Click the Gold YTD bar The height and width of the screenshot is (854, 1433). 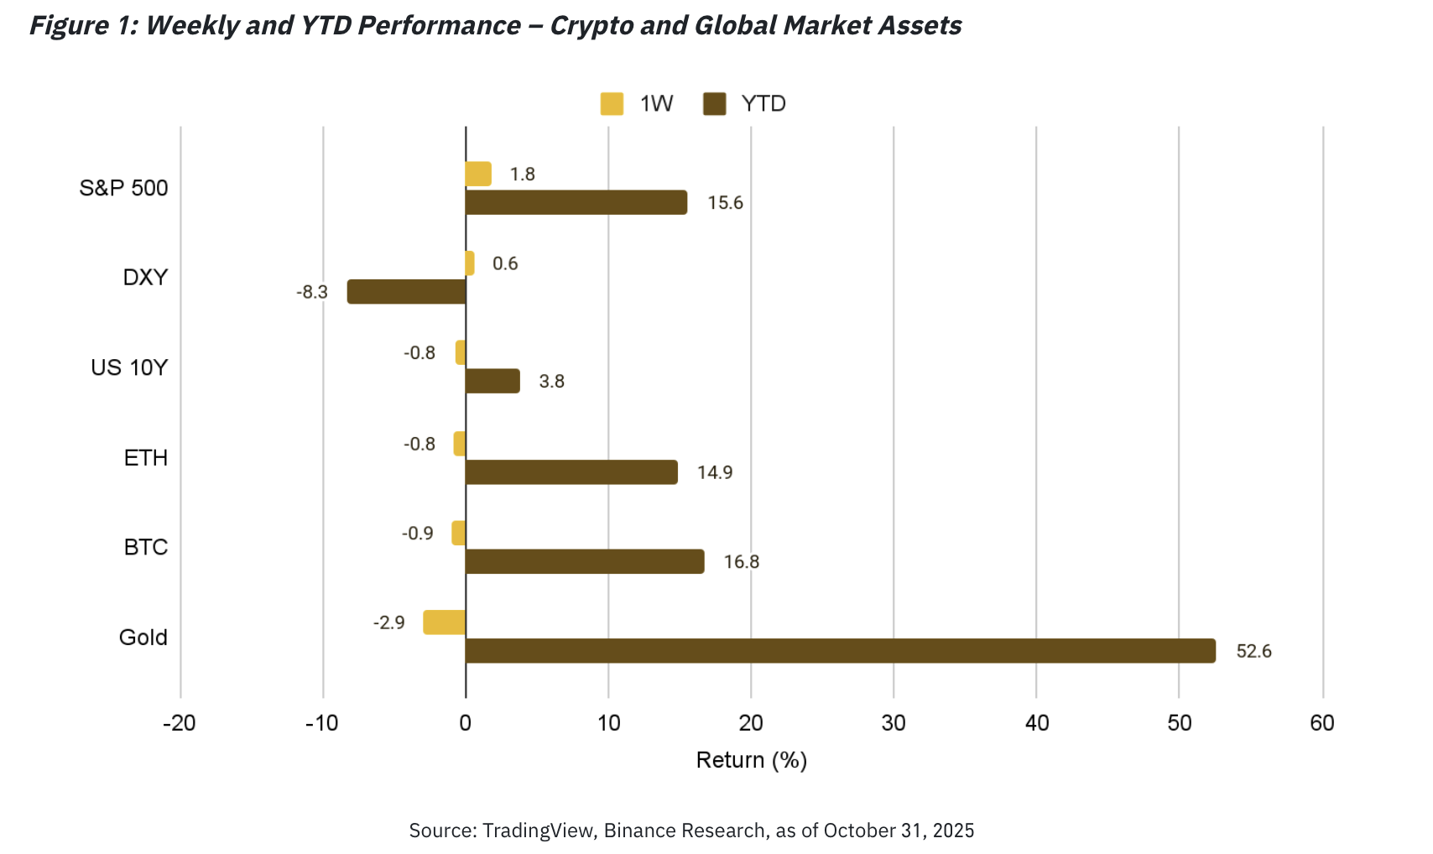[x=840, y=651]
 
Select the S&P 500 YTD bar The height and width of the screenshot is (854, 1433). [x=576, y=203]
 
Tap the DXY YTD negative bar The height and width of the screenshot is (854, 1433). [x=407, y=292]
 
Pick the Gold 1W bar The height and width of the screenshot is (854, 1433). [x=445, y=622]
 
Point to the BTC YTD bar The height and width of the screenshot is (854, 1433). [x=585, y=562]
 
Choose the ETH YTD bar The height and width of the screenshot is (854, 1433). [x=571, y=472]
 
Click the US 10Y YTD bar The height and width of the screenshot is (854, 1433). [x=492, y=382]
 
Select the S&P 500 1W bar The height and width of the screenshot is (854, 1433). [x=478, y=174]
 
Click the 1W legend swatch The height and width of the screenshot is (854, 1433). [x=612, y=104]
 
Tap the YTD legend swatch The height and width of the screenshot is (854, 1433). [x=714, y=104]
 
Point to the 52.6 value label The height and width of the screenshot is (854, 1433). [x=1253, y=652]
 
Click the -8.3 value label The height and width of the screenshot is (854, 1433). [x=312, y=293]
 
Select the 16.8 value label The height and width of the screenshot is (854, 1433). [x=742, y=562]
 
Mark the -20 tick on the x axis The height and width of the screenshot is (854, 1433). [x=179, y=723]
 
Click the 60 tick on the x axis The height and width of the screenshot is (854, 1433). [x=1322, y=723]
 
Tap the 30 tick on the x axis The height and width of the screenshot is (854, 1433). [x=894, y=723]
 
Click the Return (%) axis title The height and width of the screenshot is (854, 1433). [x=752, y=760]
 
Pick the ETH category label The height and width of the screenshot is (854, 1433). [x=146, y=458]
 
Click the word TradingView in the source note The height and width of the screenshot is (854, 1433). [x=539, y=831]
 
